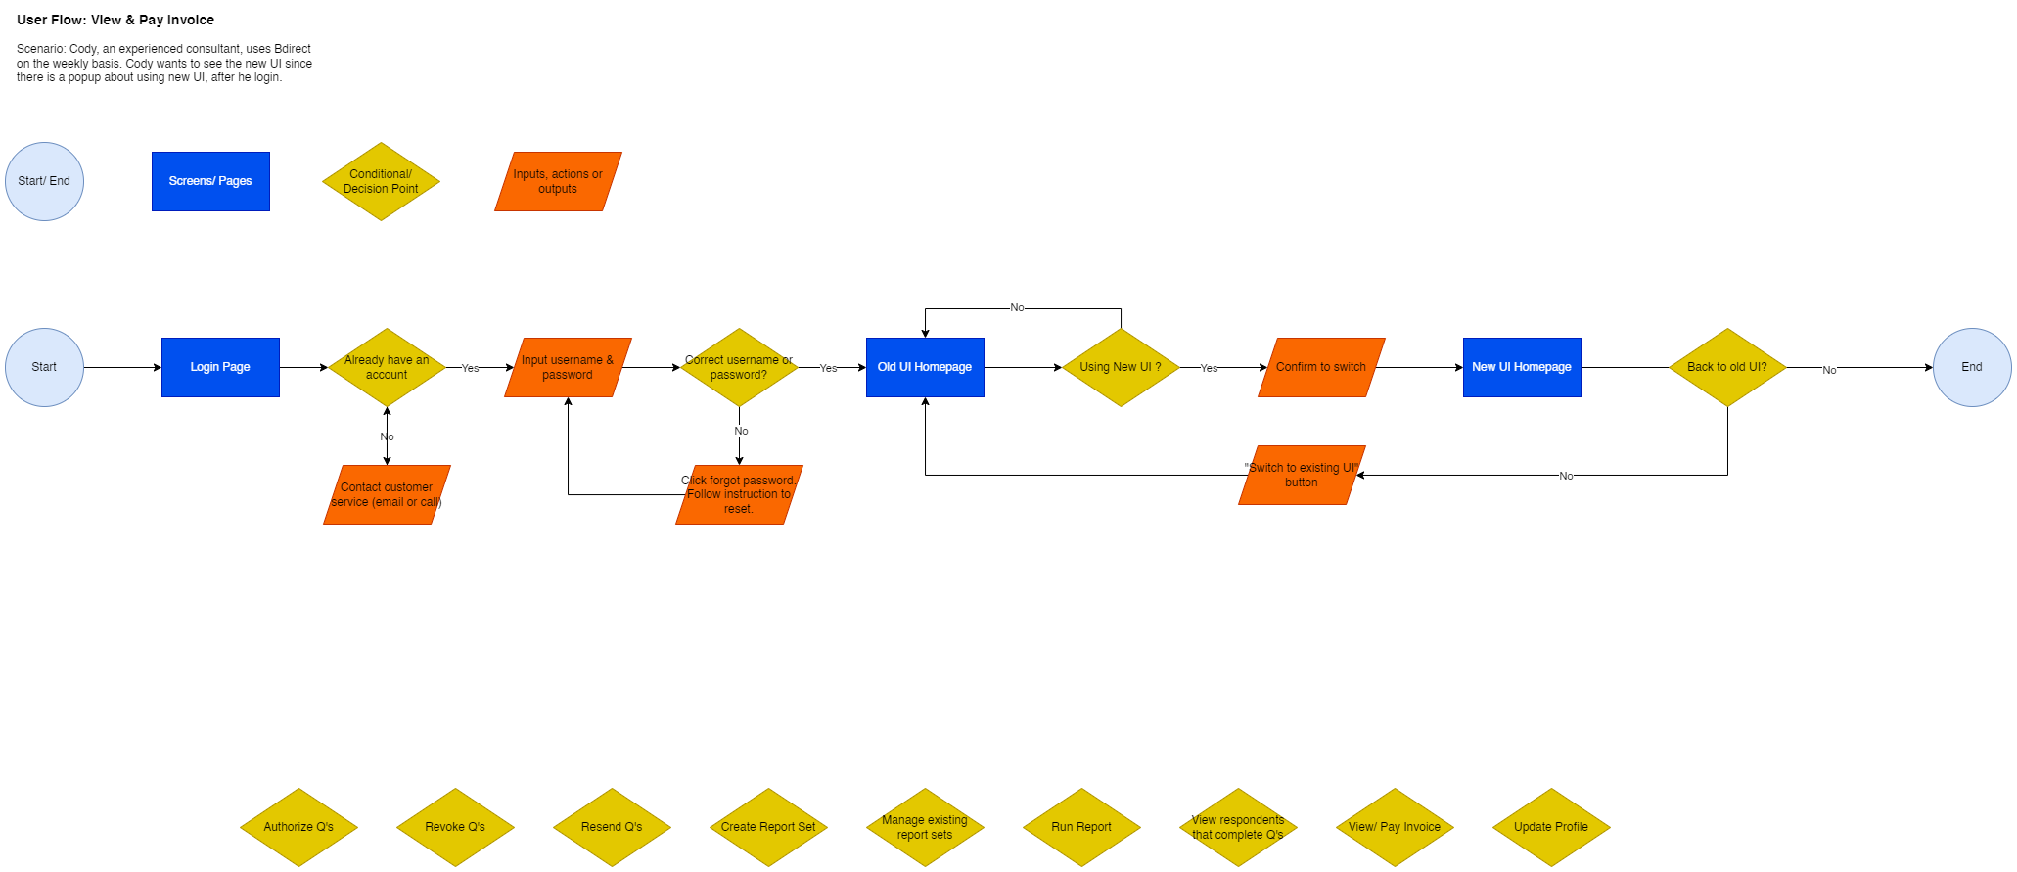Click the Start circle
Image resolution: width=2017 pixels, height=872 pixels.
44,367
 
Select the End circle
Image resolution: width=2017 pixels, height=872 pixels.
1971,367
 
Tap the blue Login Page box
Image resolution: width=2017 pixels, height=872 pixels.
220,367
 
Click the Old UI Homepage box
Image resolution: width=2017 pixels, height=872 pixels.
925,367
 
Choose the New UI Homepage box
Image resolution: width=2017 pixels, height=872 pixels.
1522,367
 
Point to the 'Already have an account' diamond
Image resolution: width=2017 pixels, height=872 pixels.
387,367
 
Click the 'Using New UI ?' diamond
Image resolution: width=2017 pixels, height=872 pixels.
1121,367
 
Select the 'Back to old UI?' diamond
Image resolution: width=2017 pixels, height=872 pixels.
1727,367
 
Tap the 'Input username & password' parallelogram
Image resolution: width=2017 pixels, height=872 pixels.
568,367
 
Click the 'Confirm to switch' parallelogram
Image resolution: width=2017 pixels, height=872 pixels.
1321,367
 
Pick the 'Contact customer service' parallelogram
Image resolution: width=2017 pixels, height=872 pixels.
387,494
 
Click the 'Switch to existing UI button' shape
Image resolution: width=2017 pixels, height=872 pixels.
1302,475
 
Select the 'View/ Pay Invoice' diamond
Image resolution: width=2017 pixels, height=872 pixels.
1395,827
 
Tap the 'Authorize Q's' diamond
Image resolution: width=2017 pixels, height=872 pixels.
298,827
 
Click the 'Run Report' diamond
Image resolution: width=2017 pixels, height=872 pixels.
1081,827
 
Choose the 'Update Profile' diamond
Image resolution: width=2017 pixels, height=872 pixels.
1551,827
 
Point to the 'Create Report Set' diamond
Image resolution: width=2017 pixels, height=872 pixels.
768,827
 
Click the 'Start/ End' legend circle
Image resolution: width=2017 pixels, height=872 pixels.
44,181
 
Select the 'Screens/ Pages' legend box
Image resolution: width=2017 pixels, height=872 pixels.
210,181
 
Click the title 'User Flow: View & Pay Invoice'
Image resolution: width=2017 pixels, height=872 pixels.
115,20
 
